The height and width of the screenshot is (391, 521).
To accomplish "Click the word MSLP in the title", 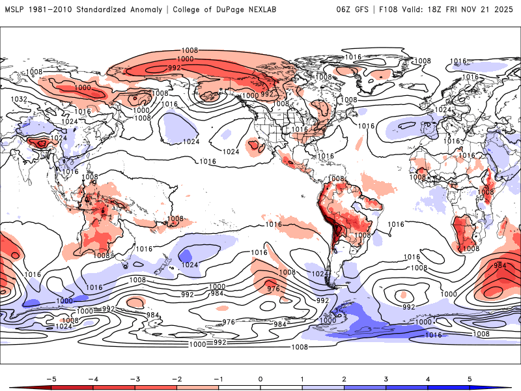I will click(x=15, y=10).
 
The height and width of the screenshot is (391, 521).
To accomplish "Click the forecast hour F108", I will click(x=393, y=10).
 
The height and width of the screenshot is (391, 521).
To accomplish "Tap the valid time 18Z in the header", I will click(x=442, y=10).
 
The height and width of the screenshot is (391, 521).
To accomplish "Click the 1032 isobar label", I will click(x=19, y=99).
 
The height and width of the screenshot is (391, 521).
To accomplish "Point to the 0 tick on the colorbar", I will click(x=260, y=378).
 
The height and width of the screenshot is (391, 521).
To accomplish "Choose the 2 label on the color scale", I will click(x=345, y=378).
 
